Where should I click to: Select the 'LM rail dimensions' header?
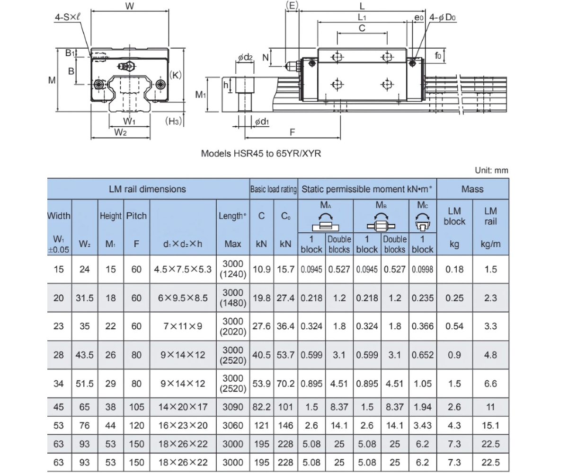[147, 189]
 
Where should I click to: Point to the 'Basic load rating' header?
[273, 189]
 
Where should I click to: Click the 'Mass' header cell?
[472, 189]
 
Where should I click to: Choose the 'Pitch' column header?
[136, 216]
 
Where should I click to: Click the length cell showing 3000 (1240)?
[233, 269]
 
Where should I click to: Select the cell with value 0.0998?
[423, 269]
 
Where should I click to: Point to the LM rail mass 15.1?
[491, 425]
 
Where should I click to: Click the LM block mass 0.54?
[454, 326]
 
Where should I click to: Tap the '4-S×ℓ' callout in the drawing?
[68, 17]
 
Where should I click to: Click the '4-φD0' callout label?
[443, 17]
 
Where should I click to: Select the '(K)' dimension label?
[176, 75]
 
